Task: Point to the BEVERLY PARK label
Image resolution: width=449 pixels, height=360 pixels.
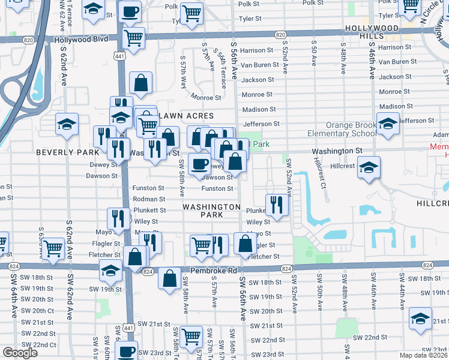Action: point(63,152)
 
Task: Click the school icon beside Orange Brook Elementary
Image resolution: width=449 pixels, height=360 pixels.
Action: point(388,124)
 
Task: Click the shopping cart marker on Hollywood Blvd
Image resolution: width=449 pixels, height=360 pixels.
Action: point(134,38)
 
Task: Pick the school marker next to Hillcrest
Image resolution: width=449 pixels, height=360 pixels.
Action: point(369,167)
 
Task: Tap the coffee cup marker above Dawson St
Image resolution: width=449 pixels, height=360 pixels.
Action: point(200,164)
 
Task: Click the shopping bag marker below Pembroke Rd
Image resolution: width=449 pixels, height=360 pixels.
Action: point(170,278)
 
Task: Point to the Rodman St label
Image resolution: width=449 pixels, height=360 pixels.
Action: point(149,199)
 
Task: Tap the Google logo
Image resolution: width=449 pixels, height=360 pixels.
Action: point(20,353)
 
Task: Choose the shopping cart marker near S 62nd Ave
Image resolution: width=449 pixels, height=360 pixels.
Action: point(53,248)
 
